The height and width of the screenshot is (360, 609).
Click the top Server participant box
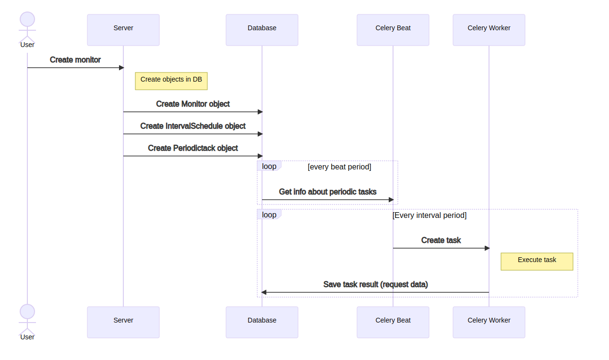(123, 30)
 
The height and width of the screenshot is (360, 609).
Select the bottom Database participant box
(262, 322)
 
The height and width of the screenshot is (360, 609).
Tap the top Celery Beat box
(393, 30)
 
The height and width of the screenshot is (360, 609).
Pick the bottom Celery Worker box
(489, 322)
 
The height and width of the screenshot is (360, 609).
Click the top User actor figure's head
(27, 20)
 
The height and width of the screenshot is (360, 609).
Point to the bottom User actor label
(27, 337)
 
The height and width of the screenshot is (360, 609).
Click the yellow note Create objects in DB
(171, 81)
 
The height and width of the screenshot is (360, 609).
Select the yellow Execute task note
(537, 262)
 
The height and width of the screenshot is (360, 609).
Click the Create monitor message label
(75, 60)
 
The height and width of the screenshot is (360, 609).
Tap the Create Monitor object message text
(193, 104)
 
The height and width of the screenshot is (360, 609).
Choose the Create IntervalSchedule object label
(193, 126)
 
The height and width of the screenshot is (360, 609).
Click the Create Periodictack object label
(193, 148)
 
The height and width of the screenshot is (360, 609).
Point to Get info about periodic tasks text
(328, 192)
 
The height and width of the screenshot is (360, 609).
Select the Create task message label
(441, 240)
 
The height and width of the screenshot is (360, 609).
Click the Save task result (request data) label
(376, 285)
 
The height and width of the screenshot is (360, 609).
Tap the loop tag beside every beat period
(269, 166)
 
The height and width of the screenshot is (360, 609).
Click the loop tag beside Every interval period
(269, 215)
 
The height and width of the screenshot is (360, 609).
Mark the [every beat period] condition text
(339, 167)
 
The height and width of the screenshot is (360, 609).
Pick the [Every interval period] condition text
(430, 216)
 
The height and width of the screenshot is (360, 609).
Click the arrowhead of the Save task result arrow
(264, 292)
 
